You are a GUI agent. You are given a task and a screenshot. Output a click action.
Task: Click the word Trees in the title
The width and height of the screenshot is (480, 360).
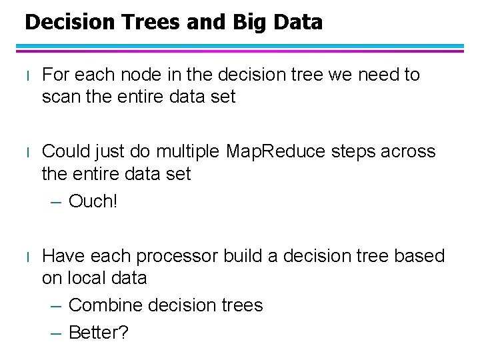click(144, 22)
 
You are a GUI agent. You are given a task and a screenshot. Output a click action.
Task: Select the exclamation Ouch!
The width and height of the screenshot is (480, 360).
click(93, 201)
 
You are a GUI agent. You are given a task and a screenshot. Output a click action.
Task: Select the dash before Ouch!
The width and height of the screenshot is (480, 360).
click(57, 201)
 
